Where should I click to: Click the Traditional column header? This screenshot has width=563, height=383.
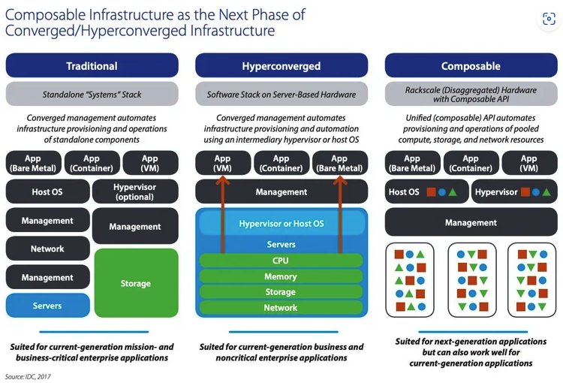pyautogui.click(x=92, y=66)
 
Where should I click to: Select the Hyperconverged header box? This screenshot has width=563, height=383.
pyautogui.click(x=281, y=66)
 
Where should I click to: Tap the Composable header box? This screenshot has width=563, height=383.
pyautogui.click(x=471, y=66)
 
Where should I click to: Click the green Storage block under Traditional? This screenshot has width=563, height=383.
pyautogui.click(x=135, y=283)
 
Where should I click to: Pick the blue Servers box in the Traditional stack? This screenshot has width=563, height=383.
pyautogui.click(x=47, y=306)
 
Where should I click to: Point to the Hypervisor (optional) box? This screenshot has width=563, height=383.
pyautogui.click(x=135, y=191)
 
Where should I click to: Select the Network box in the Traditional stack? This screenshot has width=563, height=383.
pyautogui.click(x=47, y=249)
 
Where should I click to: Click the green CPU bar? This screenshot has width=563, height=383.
pyautogui.click(x=281, y=261)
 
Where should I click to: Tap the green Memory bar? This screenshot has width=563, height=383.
pyautogui.click(x=281, y=276)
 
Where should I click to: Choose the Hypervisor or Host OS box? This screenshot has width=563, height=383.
pyautogui.click(x=281, y=224)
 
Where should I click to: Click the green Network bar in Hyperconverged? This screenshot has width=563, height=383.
pyautogui.click(x=281, y=308)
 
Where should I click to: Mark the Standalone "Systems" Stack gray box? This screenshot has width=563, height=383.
pyautogui.click(x=92, y=95)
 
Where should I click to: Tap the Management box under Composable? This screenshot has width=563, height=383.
pyautogui.click(x=471, y=222)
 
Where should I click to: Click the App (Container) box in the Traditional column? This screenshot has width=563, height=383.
pyautogui.click(x=92, y=163)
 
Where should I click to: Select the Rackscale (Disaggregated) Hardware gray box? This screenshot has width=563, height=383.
pyautogui.click(x=471, y=95)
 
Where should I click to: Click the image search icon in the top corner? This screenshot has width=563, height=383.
pyautogui.click(x=549, y=20)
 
